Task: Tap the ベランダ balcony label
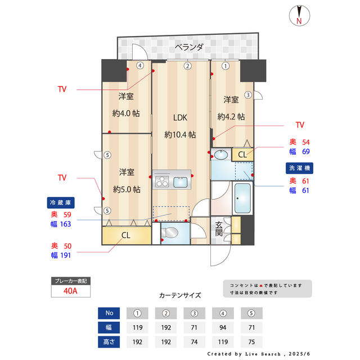pyautogui.click(x=188, y=47)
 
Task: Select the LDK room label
pyautogui.click(x=179, y=118)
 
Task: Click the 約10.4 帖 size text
pyautogui.click(x=180, y=135)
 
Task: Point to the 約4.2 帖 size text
pyautogui.click(x=231, y=117)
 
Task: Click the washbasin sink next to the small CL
pyautogui.click(x=221, y=154)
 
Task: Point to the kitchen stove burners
pyautogui.click(x=162, y=181)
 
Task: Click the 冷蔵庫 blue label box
pyautogui.click(x=60, y=202)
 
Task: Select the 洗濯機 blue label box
pyautogui.click(x=300, y=168)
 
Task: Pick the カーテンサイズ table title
pyautogui.click(x=179, y=295)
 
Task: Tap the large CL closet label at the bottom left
pyautogui.click(x=126, y=235)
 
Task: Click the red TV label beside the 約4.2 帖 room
pyautogui.click(x=299, y=124)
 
